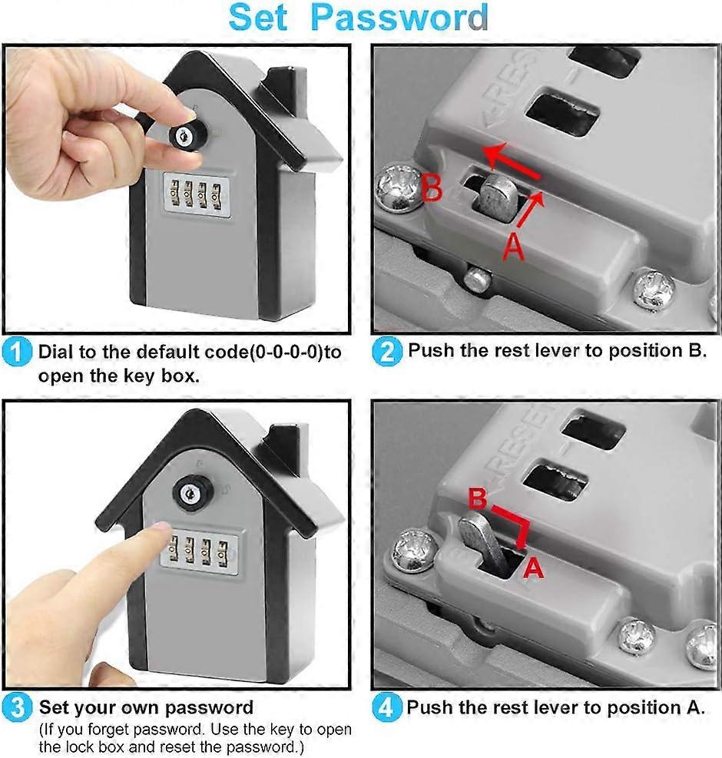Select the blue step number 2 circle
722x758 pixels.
388,353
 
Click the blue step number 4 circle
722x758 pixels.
388,707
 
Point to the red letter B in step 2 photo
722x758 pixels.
432,188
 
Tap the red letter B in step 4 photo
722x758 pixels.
478,500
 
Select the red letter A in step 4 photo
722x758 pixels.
532,568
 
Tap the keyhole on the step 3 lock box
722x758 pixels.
187,492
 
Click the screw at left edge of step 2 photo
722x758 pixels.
400,187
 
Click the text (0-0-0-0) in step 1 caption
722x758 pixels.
282,353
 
